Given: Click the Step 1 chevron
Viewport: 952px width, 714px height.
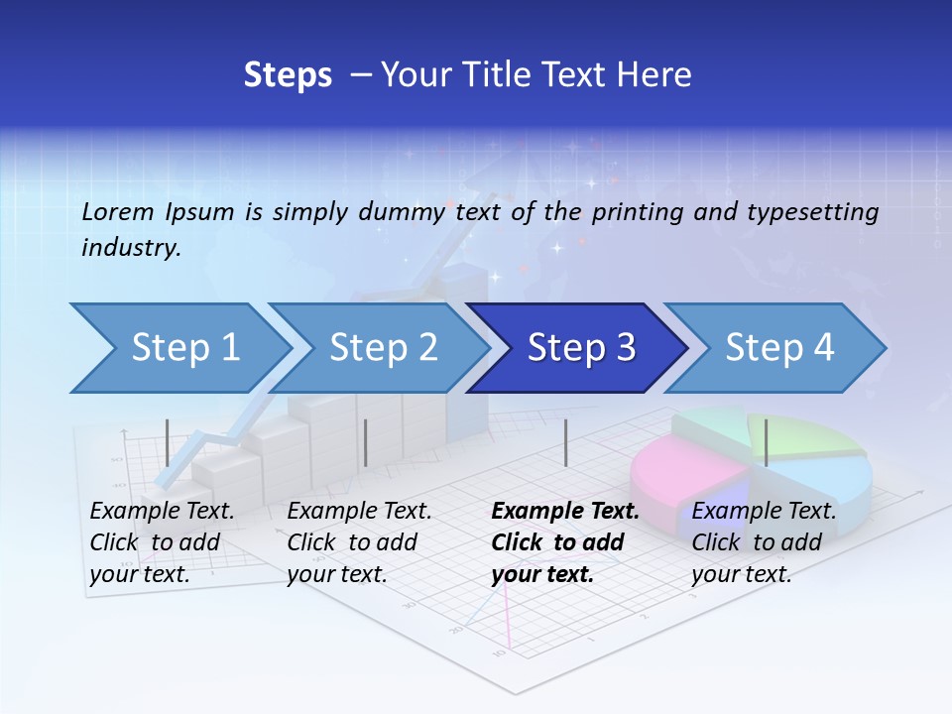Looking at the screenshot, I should (178, 348).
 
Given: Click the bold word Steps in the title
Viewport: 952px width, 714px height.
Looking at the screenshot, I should (288, 75).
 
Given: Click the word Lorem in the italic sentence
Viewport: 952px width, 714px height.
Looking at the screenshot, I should (117, 211).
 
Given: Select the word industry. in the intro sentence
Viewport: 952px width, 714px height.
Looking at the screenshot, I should (131, 248).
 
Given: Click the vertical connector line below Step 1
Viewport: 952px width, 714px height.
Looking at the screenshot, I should (168, 442).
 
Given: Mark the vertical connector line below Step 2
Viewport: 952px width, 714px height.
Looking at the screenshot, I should (366, 442).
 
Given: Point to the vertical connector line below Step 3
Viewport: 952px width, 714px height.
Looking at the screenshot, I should (566, 442).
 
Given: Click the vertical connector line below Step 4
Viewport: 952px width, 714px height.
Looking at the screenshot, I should (766, 442).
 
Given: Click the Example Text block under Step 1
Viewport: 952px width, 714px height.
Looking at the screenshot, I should (162, 542).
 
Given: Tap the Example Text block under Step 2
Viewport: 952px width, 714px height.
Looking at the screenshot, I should (359, 542).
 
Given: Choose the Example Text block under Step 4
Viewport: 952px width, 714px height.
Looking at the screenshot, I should (764, 542).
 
